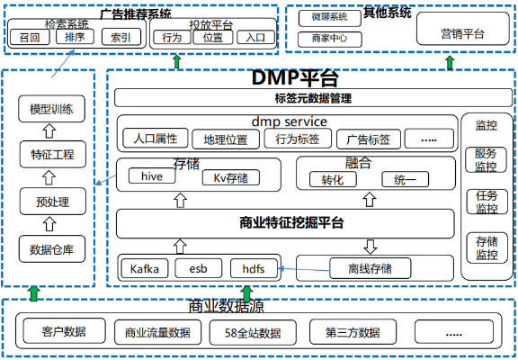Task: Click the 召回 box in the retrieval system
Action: pos(30,38)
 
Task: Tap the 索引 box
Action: pos(120,38)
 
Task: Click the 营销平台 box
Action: pos(462,33)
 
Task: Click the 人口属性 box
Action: pos(155,139)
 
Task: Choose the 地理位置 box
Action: pos(225,139)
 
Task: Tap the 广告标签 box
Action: pos(366,139)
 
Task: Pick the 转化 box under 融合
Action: pos(333,178)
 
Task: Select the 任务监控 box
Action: pos(486,202)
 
